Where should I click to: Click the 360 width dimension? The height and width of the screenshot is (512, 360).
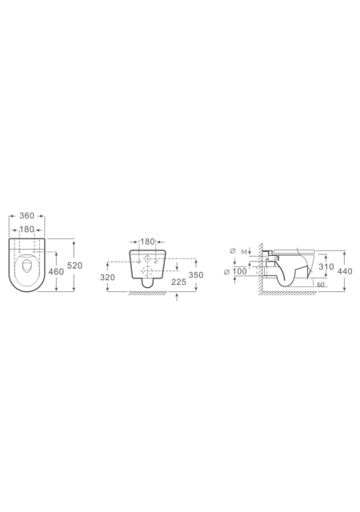26,216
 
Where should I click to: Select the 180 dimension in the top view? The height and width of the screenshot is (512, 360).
26,230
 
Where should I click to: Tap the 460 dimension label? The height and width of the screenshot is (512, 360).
56,271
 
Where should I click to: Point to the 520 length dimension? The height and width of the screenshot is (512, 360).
75,266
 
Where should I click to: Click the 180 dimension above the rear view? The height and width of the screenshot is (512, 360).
147,242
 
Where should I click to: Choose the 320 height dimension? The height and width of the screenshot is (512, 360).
107,278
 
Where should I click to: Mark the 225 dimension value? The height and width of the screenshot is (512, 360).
178,282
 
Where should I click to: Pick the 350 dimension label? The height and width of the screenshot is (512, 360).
196,275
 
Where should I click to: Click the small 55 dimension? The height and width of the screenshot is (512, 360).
244,252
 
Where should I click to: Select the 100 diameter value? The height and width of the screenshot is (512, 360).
240,272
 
